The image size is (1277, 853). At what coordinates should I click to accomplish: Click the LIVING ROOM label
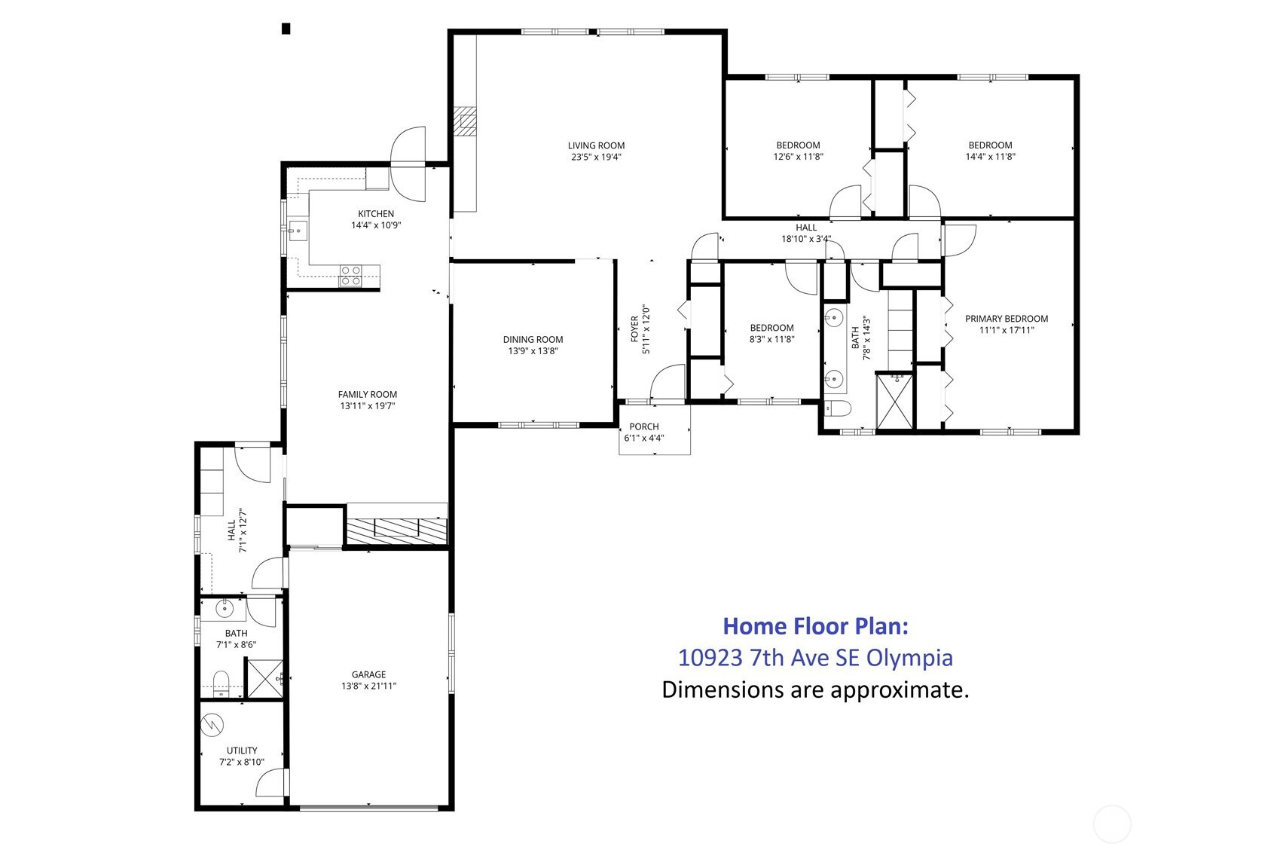click(x=596, y=145)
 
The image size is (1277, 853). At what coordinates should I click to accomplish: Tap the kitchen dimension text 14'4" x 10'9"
click(x=376, y=225)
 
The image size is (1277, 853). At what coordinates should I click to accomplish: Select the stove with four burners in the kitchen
click(x=350, y=275)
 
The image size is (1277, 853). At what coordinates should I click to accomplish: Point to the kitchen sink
click(x=297, y=231)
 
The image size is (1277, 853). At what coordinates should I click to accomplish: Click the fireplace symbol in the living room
click(x=466, y=121)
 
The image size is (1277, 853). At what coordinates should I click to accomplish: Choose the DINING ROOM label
click(x=533, y=340)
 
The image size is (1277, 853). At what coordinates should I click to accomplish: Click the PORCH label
click(x=643, y=426)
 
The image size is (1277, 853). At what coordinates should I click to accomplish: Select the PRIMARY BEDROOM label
click(x=1007, y=319)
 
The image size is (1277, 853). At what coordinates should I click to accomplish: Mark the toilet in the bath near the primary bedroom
click(x=837, y=408)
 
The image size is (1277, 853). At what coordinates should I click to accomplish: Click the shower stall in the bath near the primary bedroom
click(x=894, y=401)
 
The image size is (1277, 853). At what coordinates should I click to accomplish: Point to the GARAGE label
click(x=368, y=674)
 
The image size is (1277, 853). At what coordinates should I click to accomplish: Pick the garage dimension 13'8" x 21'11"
click(x=368, y=686)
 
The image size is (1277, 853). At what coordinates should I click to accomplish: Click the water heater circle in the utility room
click(x=212, y=725)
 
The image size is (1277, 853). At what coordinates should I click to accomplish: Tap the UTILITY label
click(x=242, y=751)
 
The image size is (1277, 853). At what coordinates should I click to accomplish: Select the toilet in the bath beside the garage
click(x=221, y=683)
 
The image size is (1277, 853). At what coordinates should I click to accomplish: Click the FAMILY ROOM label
click(x=367, y=395)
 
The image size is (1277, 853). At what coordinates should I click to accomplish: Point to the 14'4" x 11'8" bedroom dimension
click(x=990, y=156)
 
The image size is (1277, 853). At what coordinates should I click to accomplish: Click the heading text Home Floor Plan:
click(x=815, y=626)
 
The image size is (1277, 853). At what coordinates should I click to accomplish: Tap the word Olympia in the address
click(x=909, y=658)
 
